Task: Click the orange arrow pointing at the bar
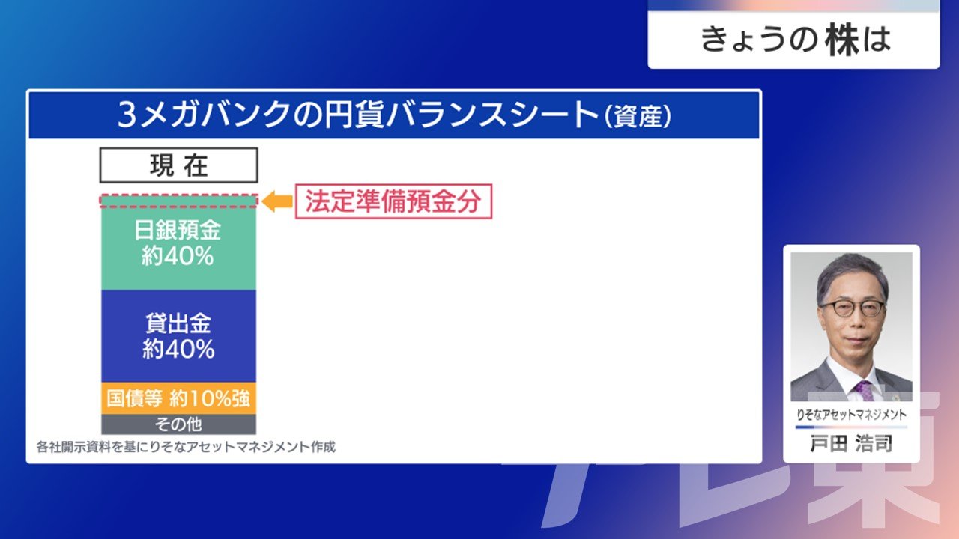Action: point(277,201)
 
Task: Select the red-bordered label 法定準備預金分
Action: point(393,201)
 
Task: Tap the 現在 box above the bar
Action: point(179,165)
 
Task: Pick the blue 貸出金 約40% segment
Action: point(178,336)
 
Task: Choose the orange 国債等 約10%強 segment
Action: point(178,398)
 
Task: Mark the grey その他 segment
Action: point(178,424)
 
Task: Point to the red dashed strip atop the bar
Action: point(179,201)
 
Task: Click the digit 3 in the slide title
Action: point(127,115)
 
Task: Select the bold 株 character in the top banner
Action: point(843,40)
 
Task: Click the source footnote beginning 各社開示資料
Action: point(186,447)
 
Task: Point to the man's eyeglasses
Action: point(852,307)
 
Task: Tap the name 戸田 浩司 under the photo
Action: point(851,443)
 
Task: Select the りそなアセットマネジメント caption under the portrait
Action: point(851,415)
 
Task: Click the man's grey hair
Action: point(852,274)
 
